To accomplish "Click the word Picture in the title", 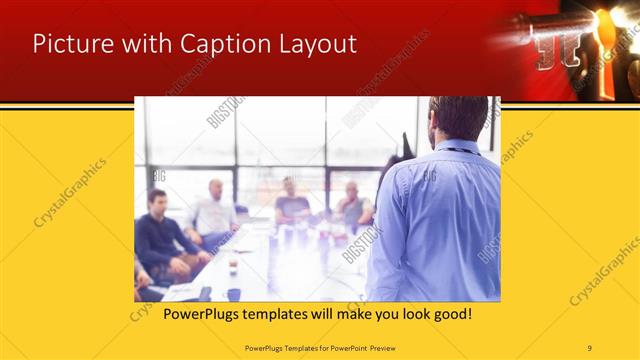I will pos(68,44).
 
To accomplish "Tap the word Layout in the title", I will pos(315,44).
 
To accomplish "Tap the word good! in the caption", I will pos(450,314).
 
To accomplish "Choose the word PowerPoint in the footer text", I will pos(342,347).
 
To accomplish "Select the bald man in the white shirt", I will pos(216,210).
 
